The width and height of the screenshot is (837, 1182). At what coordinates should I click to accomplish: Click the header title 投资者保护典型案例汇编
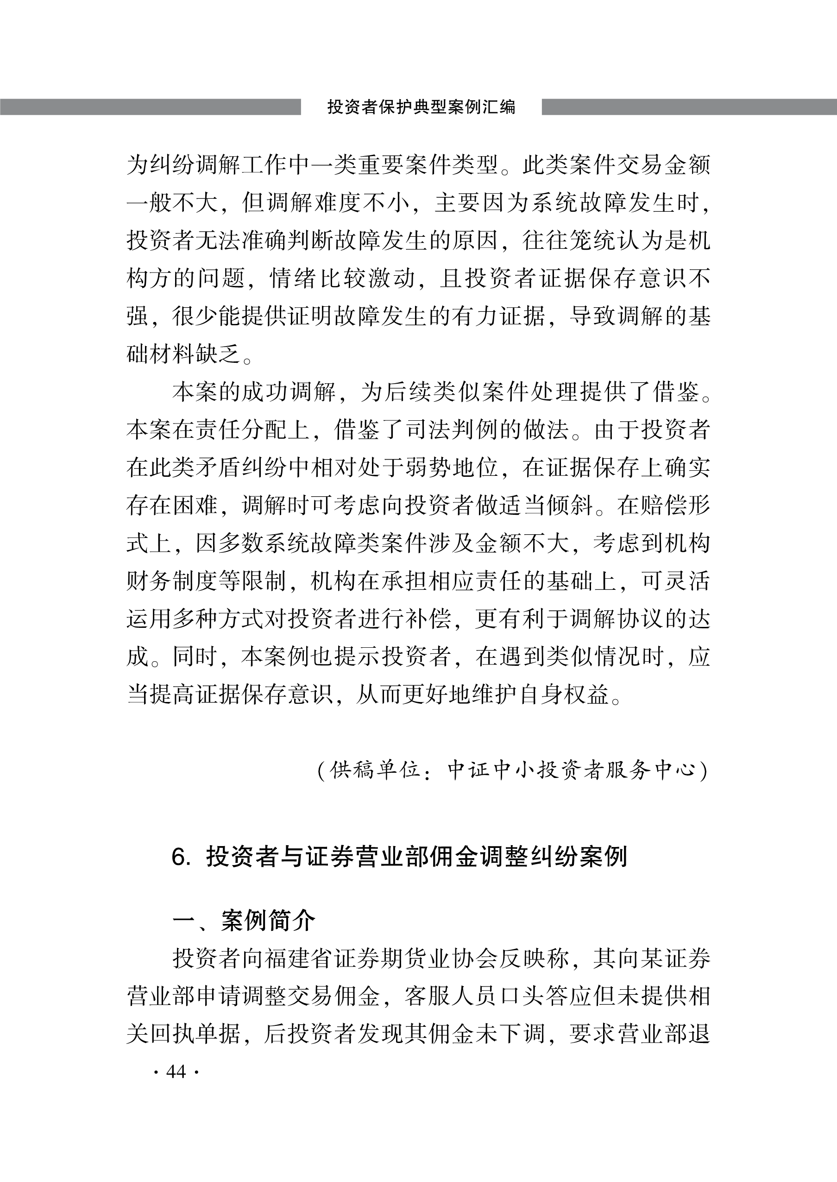click(421, 107)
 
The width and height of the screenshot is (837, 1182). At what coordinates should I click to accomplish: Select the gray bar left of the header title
click(150, 107)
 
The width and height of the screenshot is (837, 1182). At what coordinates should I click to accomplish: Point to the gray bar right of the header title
click(689, 107)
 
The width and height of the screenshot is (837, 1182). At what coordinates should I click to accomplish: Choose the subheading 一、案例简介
click(243, 921)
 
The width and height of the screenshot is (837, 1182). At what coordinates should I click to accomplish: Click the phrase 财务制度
click(173, 582)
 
